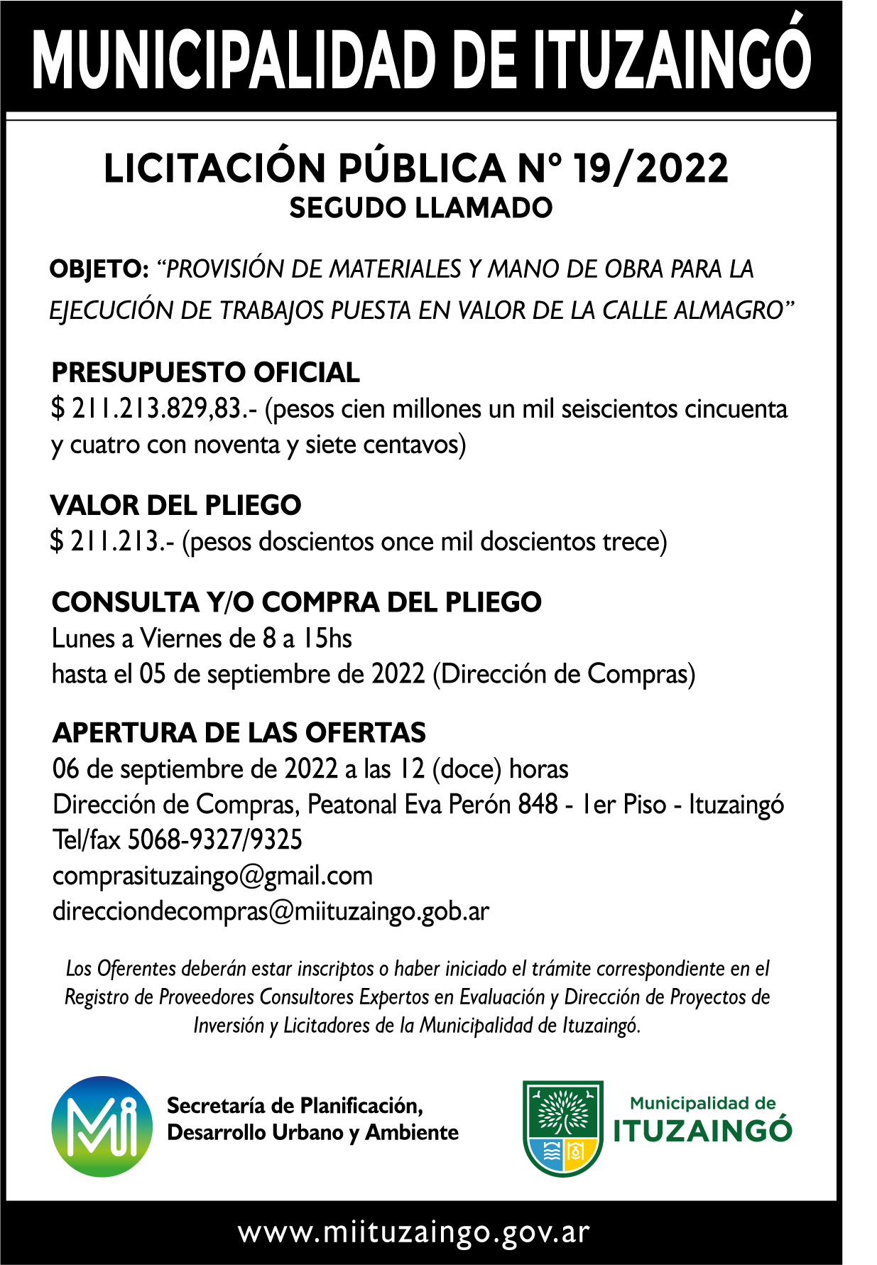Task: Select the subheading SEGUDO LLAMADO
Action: coord(420,208)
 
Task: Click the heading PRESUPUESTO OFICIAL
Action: coord(206,373)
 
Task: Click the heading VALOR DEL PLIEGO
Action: coord(176,506)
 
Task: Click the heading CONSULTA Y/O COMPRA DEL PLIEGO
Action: coord(297,602)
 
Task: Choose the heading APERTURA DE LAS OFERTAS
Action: coord(239,733)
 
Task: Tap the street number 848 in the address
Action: coord(538,805)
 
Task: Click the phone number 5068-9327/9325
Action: coord(214,840)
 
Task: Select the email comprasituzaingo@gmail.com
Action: coord(212,876)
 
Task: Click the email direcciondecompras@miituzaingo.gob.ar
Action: coord(271,912)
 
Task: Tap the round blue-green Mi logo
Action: coord(102,1126)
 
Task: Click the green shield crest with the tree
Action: coord(562,1127)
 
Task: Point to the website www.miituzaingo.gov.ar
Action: coord(414,1232)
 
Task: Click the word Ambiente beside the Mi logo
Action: coord(412,1133)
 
